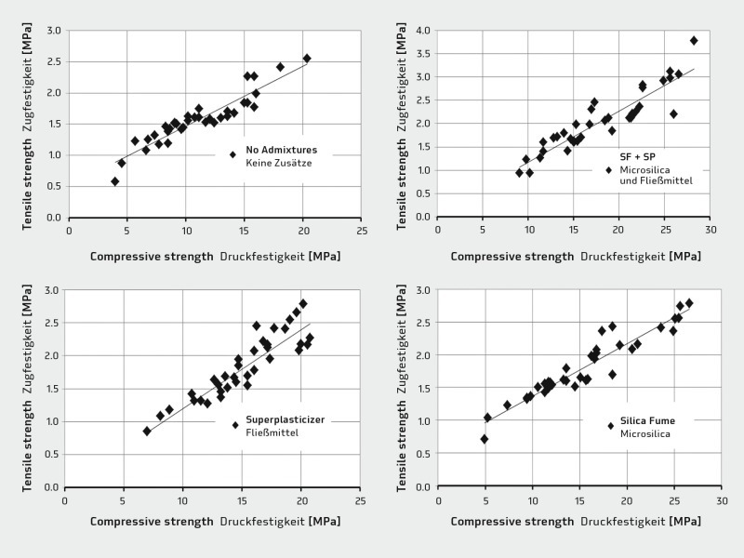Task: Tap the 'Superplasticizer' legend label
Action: [x=286, y=419]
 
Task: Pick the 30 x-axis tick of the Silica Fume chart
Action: [x=722, y=500]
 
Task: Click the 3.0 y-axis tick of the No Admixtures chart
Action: [x=54, y=31]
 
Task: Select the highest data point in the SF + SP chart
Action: [x=694, y=41]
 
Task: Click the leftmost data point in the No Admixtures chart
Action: [x=115, y=181]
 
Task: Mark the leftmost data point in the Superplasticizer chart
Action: [x=147, y=431]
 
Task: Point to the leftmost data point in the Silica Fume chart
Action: [x=485, y=439]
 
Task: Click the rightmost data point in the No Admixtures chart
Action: [x=307, y=58]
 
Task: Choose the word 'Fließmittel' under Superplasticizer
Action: [x=272, y=432]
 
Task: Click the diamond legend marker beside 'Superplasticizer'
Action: [x=235, y=425]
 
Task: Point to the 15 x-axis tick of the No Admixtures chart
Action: [x=245, y=231]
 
